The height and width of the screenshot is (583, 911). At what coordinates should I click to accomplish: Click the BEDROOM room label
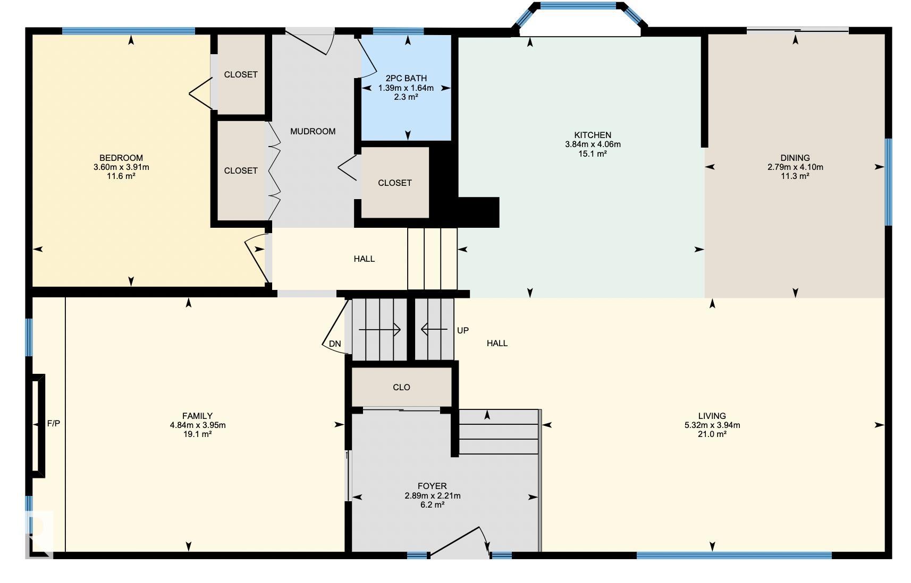121,158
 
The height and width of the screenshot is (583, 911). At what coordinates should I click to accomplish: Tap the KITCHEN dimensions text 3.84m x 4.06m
593,144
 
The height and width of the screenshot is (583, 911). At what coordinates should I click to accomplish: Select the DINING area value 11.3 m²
795,176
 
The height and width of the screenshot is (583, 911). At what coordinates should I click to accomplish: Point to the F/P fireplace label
54,423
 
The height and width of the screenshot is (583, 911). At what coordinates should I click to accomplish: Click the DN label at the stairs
335,344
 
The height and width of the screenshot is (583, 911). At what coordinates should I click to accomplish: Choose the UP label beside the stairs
463,330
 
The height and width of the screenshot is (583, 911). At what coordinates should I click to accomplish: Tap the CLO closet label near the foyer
401,387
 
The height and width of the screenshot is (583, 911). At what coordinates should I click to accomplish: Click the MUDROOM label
313,131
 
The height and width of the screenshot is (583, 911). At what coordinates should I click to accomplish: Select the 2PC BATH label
406,78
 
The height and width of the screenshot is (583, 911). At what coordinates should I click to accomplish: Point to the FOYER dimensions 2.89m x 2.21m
432,495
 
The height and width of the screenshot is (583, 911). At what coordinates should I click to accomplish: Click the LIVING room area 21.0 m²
712,434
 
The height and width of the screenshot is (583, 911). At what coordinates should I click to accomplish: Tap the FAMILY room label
197,416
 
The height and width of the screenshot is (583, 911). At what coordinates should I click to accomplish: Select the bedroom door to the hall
256,259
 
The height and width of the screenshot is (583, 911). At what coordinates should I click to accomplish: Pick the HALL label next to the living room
497,344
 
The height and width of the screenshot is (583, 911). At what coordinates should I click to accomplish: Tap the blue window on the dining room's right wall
889,182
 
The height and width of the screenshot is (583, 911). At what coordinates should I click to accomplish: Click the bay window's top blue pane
578,6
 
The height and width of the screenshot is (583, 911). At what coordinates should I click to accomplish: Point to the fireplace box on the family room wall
38,426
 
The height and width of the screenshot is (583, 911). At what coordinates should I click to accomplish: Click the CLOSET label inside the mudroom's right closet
394,183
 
